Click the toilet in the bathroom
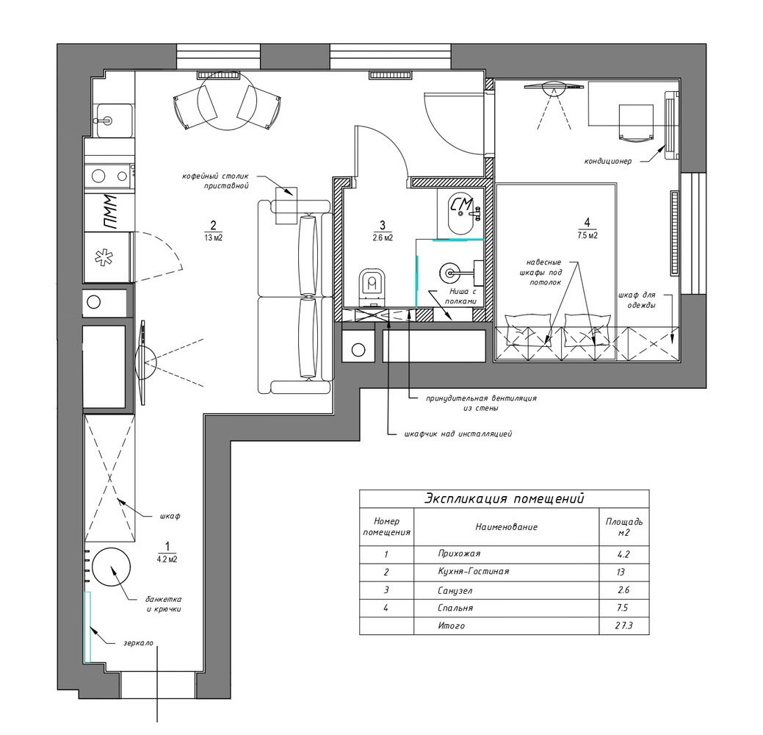point(372,288)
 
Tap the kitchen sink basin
point(115,121)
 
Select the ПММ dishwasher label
point(110,212)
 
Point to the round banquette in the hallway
point(112,567)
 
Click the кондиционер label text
point(608,161)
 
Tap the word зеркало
point(138,643)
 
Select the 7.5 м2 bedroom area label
point(587,235)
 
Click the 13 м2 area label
point(213,237)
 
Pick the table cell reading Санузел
point(455,590)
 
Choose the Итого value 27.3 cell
point(623,625)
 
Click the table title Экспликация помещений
point(504,499)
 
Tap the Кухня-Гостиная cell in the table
point(473,571)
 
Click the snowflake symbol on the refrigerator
point(103,258)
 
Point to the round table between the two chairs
point(227,101)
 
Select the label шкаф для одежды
point(637,300)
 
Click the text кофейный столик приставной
point(215,181)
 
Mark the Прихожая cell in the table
point(459,553)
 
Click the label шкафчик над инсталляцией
point(458,434)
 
